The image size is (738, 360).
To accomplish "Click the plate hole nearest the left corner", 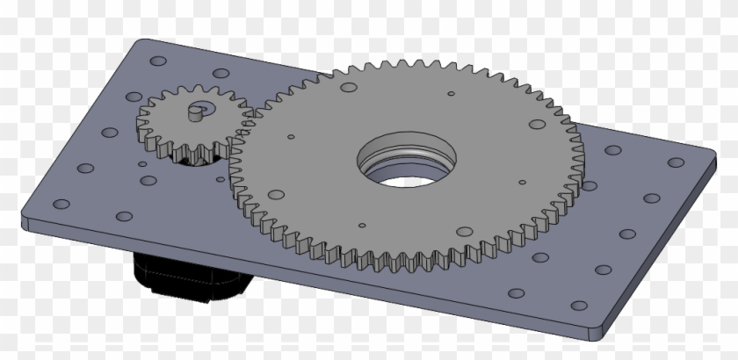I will pyautogui.click(x=61, y=204).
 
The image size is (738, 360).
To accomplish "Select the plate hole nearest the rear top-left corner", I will pyautogui.click(x=157, y=61).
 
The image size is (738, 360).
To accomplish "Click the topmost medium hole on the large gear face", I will pyautogui.click(x=349, y=89).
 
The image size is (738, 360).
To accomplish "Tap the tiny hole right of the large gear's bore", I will pyautogui.click(x=523, y=183).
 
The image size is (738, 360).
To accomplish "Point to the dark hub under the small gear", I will pyautogui.click(x=184, y=158).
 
